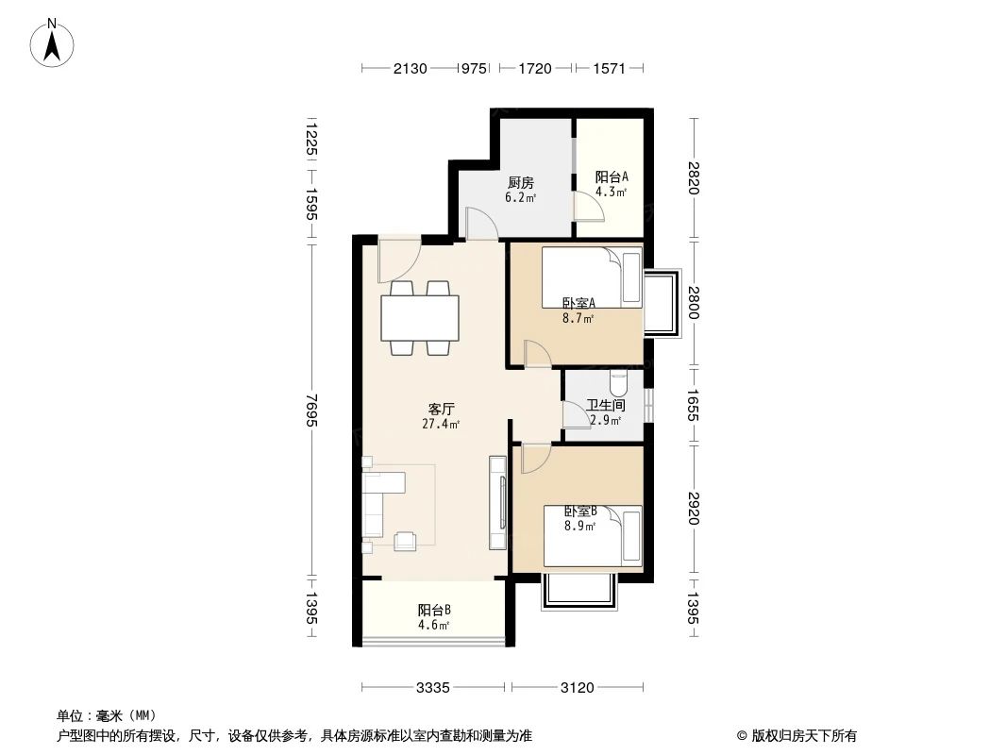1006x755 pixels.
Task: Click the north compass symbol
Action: [54, 42]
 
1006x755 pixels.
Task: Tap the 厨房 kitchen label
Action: [520, 182]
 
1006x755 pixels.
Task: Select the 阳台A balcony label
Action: [612, 176]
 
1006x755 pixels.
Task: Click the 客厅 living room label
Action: [442, 410]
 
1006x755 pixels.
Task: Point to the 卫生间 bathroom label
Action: [605, 405]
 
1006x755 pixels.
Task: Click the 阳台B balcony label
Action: [434, 610]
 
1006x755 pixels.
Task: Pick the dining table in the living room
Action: [420, 318]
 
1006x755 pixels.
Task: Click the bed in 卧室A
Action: [592, 277]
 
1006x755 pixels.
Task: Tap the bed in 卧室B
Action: [593, 535]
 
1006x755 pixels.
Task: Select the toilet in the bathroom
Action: [619, 382]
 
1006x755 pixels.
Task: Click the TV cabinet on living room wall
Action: [497, 502]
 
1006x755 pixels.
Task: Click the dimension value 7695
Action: [310, 410]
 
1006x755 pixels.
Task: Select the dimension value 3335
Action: [433, 688]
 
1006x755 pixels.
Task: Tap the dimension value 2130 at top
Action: [411, 68]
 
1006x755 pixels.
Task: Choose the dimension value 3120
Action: [578, 688]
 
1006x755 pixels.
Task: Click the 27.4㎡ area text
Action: [442, 425]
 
